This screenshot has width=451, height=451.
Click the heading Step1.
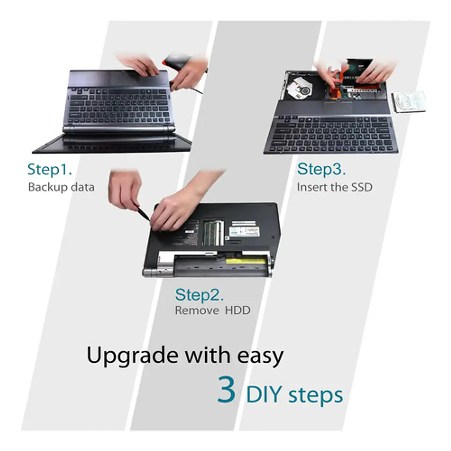pos(49,170)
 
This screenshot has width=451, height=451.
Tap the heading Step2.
pos(199,295)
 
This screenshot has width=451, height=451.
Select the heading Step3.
pos(321,169)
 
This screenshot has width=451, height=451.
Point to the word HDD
pos(238,311)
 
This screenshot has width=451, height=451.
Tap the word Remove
pos(197,311)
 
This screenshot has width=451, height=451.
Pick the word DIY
pos(264,395)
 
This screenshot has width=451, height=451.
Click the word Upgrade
pos(132,357)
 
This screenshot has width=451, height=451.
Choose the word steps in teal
pos(316,396)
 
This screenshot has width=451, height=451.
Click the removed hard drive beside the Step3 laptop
pos(409,102)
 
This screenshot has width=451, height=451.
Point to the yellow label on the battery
pos(245,262)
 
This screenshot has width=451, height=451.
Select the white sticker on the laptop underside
pos(244,232)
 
